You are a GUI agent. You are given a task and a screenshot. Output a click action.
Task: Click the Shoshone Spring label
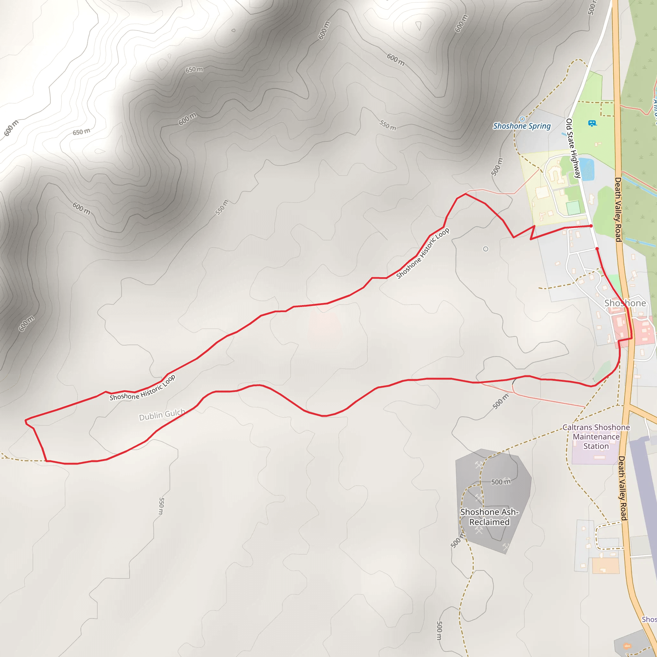522,126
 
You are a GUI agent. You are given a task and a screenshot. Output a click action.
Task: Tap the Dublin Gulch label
162,414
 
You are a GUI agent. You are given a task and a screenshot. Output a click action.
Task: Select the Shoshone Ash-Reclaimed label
489,517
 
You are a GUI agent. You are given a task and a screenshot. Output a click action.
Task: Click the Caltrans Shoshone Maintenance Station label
596,437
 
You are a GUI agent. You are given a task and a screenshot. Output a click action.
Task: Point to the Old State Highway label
573,148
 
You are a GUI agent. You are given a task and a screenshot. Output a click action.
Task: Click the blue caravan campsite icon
592,123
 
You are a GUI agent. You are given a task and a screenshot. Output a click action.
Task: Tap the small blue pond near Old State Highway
587,169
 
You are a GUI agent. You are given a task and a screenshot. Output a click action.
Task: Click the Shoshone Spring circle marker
522,119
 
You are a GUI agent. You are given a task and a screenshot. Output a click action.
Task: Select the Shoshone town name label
625,303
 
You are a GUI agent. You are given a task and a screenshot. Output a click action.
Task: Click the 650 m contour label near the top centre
194,70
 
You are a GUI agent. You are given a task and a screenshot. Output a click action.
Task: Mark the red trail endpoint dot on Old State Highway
591,226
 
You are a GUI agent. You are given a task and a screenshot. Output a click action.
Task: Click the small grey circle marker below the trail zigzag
486,249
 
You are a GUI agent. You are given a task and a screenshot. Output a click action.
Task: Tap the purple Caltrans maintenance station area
595,456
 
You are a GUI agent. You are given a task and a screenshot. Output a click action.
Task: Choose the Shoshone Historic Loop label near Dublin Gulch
142,388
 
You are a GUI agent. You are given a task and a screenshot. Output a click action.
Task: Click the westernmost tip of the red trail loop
26,421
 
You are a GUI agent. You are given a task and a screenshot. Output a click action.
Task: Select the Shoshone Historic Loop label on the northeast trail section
423,253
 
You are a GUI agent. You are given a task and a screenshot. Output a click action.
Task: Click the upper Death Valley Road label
618,209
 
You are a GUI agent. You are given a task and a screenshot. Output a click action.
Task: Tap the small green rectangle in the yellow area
573,208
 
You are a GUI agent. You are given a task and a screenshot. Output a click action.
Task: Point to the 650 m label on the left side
81,132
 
